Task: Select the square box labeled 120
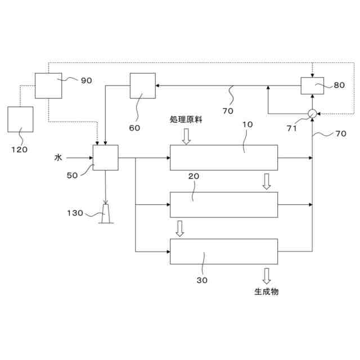pos(20,119)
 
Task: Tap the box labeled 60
pos(142,85)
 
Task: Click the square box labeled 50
pos(105,157)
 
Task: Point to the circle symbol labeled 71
pos(312,113)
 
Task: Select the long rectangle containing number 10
pos(224,157)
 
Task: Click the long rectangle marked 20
pos(224,205)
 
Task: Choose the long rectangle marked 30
pos(224,251)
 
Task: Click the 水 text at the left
pos(58,158)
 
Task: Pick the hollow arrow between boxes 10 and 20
pos(266,181)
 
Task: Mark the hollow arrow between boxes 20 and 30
pos(180,228)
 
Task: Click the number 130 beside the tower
pos(75,213)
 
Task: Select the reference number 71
pos(291,128)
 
